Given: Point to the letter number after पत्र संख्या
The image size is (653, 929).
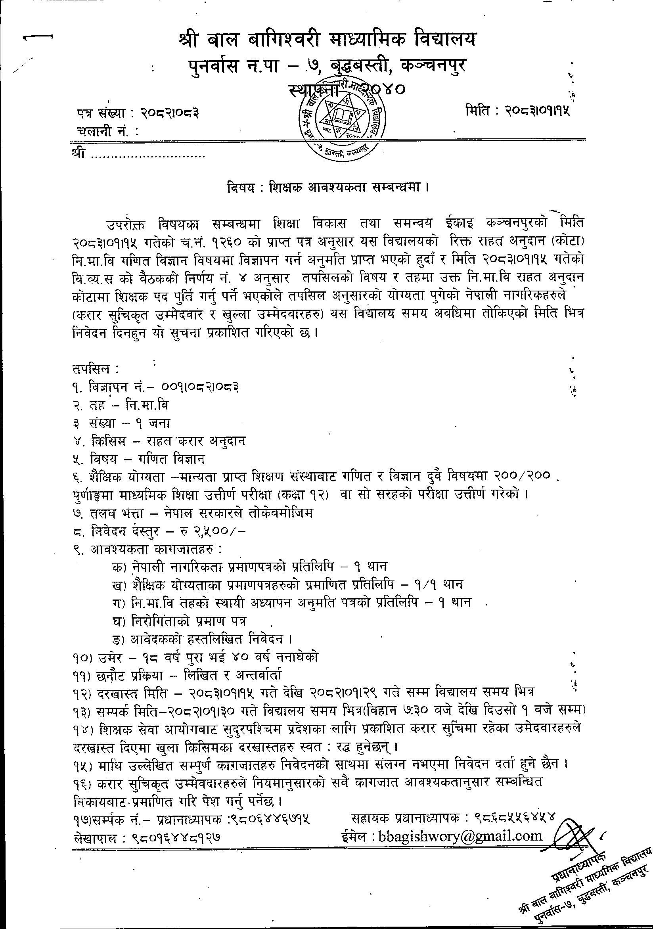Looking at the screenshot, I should click(x=171, y=114).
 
